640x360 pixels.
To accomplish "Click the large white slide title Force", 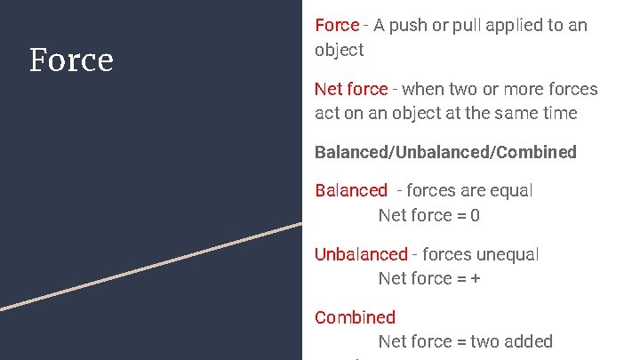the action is click(71, 60).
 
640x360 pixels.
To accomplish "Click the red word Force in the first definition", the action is click(337, 26).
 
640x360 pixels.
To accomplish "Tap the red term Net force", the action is click(351, 89).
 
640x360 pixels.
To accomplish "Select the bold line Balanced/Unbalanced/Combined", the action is click(445, 152).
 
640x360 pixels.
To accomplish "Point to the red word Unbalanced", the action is click(360, 254).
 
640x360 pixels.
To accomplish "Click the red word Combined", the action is click(355, 317).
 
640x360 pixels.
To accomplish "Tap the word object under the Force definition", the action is click(340, 50).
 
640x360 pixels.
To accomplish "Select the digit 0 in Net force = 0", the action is click(475, 215).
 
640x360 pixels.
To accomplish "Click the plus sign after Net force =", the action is click(476, 278).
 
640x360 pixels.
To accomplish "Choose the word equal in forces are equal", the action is click(512, 190).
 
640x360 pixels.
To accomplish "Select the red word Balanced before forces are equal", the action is click(351, 190).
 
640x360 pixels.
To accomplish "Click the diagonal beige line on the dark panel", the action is click(151, 266).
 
